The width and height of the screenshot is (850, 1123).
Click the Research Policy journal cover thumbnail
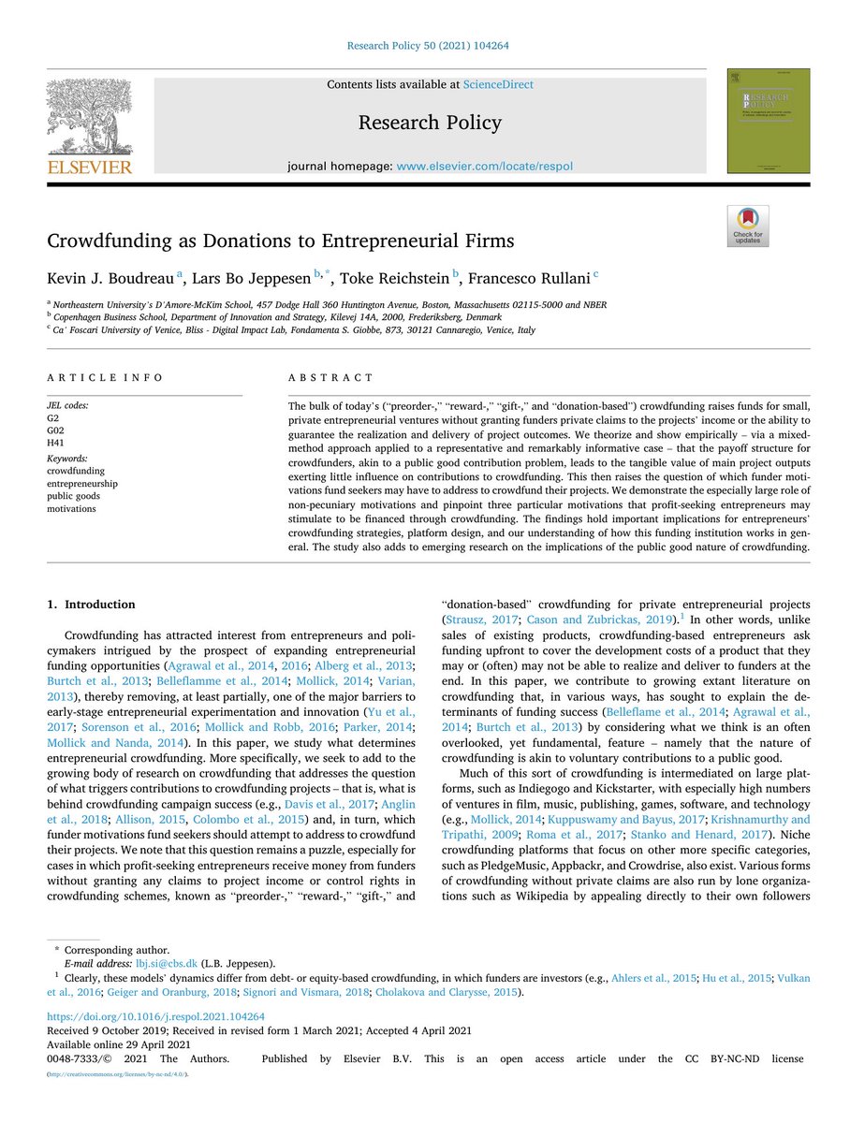(x=768, y=121)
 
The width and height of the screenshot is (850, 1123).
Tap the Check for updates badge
(x=747, y=226)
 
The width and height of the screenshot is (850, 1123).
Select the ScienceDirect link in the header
(x=498, y=85)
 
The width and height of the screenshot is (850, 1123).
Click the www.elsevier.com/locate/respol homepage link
(x=484, y=167)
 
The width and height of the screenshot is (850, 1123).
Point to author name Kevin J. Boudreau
(x=111, y=277)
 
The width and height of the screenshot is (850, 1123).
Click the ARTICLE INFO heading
(x=105, y=377)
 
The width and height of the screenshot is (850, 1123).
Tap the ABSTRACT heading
(x=330, y=377)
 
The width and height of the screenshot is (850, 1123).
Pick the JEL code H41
(x=57, y=441)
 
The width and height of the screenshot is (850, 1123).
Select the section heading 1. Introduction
(x=91, y=605)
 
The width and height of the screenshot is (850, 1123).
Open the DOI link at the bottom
(x=155, y=1016)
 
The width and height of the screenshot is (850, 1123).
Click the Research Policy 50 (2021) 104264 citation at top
(x=427, y=45)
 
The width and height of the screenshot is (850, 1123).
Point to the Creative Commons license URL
(x=118, y=1073)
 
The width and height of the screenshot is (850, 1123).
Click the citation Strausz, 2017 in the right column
(x=479, y=620)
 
